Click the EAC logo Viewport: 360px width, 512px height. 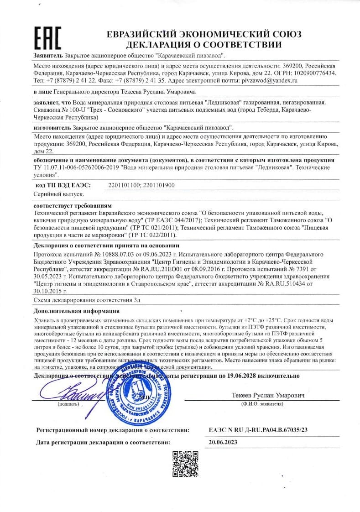coord(47,38)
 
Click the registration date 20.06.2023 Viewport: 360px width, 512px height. coord(223,442)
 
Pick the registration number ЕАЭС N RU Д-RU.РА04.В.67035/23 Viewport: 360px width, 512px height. coord(258,430)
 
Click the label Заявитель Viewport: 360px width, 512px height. coord(48,55)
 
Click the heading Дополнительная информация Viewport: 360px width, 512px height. coord(77,311)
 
